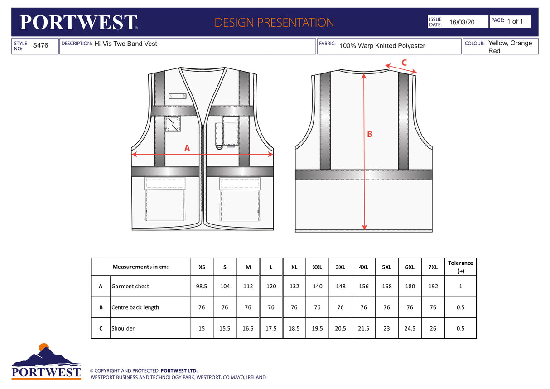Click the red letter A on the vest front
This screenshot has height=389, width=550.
pos(187,148)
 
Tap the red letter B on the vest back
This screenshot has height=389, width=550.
pos(370,134)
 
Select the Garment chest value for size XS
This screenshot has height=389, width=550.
pos(202,287)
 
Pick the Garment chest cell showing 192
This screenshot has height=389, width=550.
pos(433,287)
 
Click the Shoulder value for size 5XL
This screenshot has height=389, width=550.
pos(386,329)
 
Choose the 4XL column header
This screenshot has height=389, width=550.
pos(363,267)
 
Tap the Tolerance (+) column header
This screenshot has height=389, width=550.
pos(460,267)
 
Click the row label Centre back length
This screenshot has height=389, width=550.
pos(135,307)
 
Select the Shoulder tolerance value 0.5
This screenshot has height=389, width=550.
pos(460,329)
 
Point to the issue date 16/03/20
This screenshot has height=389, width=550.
pos(462,22)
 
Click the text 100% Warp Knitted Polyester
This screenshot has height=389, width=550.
pos(382,46)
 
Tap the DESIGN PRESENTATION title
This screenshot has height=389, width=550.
pos(274,22)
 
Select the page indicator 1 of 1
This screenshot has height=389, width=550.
pos(515,21)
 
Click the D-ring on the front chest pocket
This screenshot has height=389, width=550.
pos(219,146)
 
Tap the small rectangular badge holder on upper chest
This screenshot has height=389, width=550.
pos(177,96)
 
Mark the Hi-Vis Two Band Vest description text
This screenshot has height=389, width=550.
pos(125,44)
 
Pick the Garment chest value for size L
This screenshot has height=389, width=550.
pos(271,287)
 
